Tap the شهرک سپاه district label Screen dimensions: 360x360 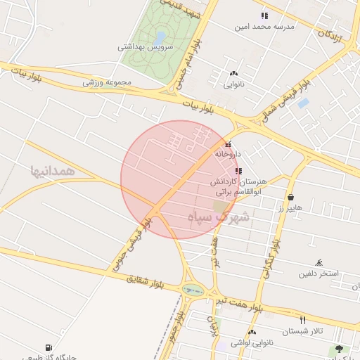tap(219, 217)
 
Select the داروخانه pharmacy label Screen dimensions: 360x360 tap(228, 153)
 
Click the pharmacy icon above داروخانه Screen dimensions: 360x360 tap(228, 144)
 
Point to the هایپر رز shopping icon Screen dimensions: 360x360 tap(290, 198)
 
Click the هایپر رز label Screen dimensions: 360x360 tap(289, 208)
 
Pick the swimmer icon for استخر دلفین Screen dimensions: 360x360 tap(320, 262)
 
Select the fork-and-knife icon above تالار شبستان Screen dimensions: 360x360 tap(302, 320)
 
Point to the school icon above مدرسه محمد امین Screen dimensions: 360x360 tap(264, 15)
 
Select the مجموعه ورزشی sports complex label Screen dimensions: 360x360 tap(108, 82)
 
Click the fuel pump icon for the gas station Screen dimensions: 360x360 tap(49, 347)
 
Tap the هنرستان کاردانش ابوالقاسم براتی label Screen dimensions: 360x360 tap(237, 186)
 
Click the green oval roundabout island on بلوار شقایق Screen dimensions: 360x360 tap(191, 289)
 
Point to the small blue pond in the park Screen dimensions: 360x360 tap(160, 36)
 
